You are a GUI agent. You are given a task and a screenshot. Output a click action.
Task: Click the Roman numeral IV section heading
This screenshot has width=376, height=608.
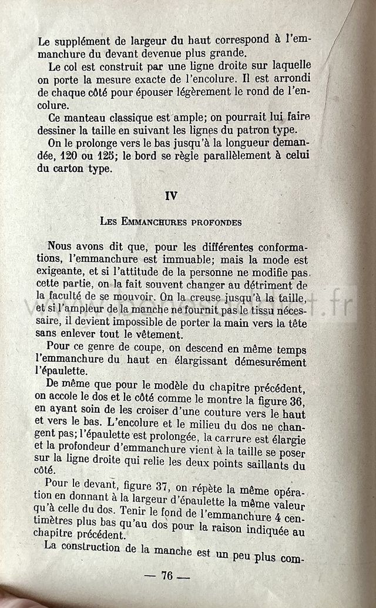pos(171,197)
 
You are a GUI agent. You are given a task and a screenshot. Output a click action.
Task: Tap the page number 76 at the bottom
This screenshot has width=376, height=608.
pos(167,576)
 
